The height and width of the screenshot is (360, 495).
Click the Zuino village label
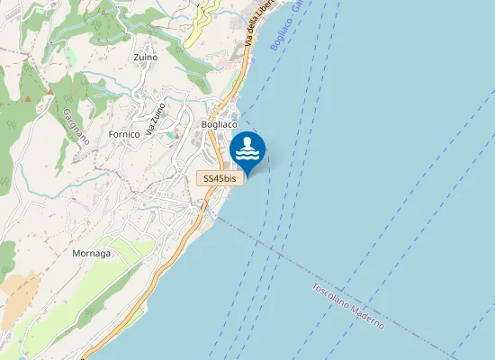coord(144,58)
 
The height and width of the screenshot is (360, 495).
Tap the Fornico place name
coord(124,134)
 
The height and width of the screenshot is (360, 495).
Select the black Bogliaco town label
coord(220,124)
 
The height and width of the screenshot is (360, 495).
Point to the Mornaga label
coord(91,254)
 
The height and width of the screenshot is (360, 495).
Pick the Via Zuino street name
coord(156,119)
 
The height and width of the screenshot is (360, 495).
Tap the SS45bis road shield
coord(220,179)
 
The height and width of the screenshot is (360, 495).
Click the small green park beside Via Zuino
coord(167,136)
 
